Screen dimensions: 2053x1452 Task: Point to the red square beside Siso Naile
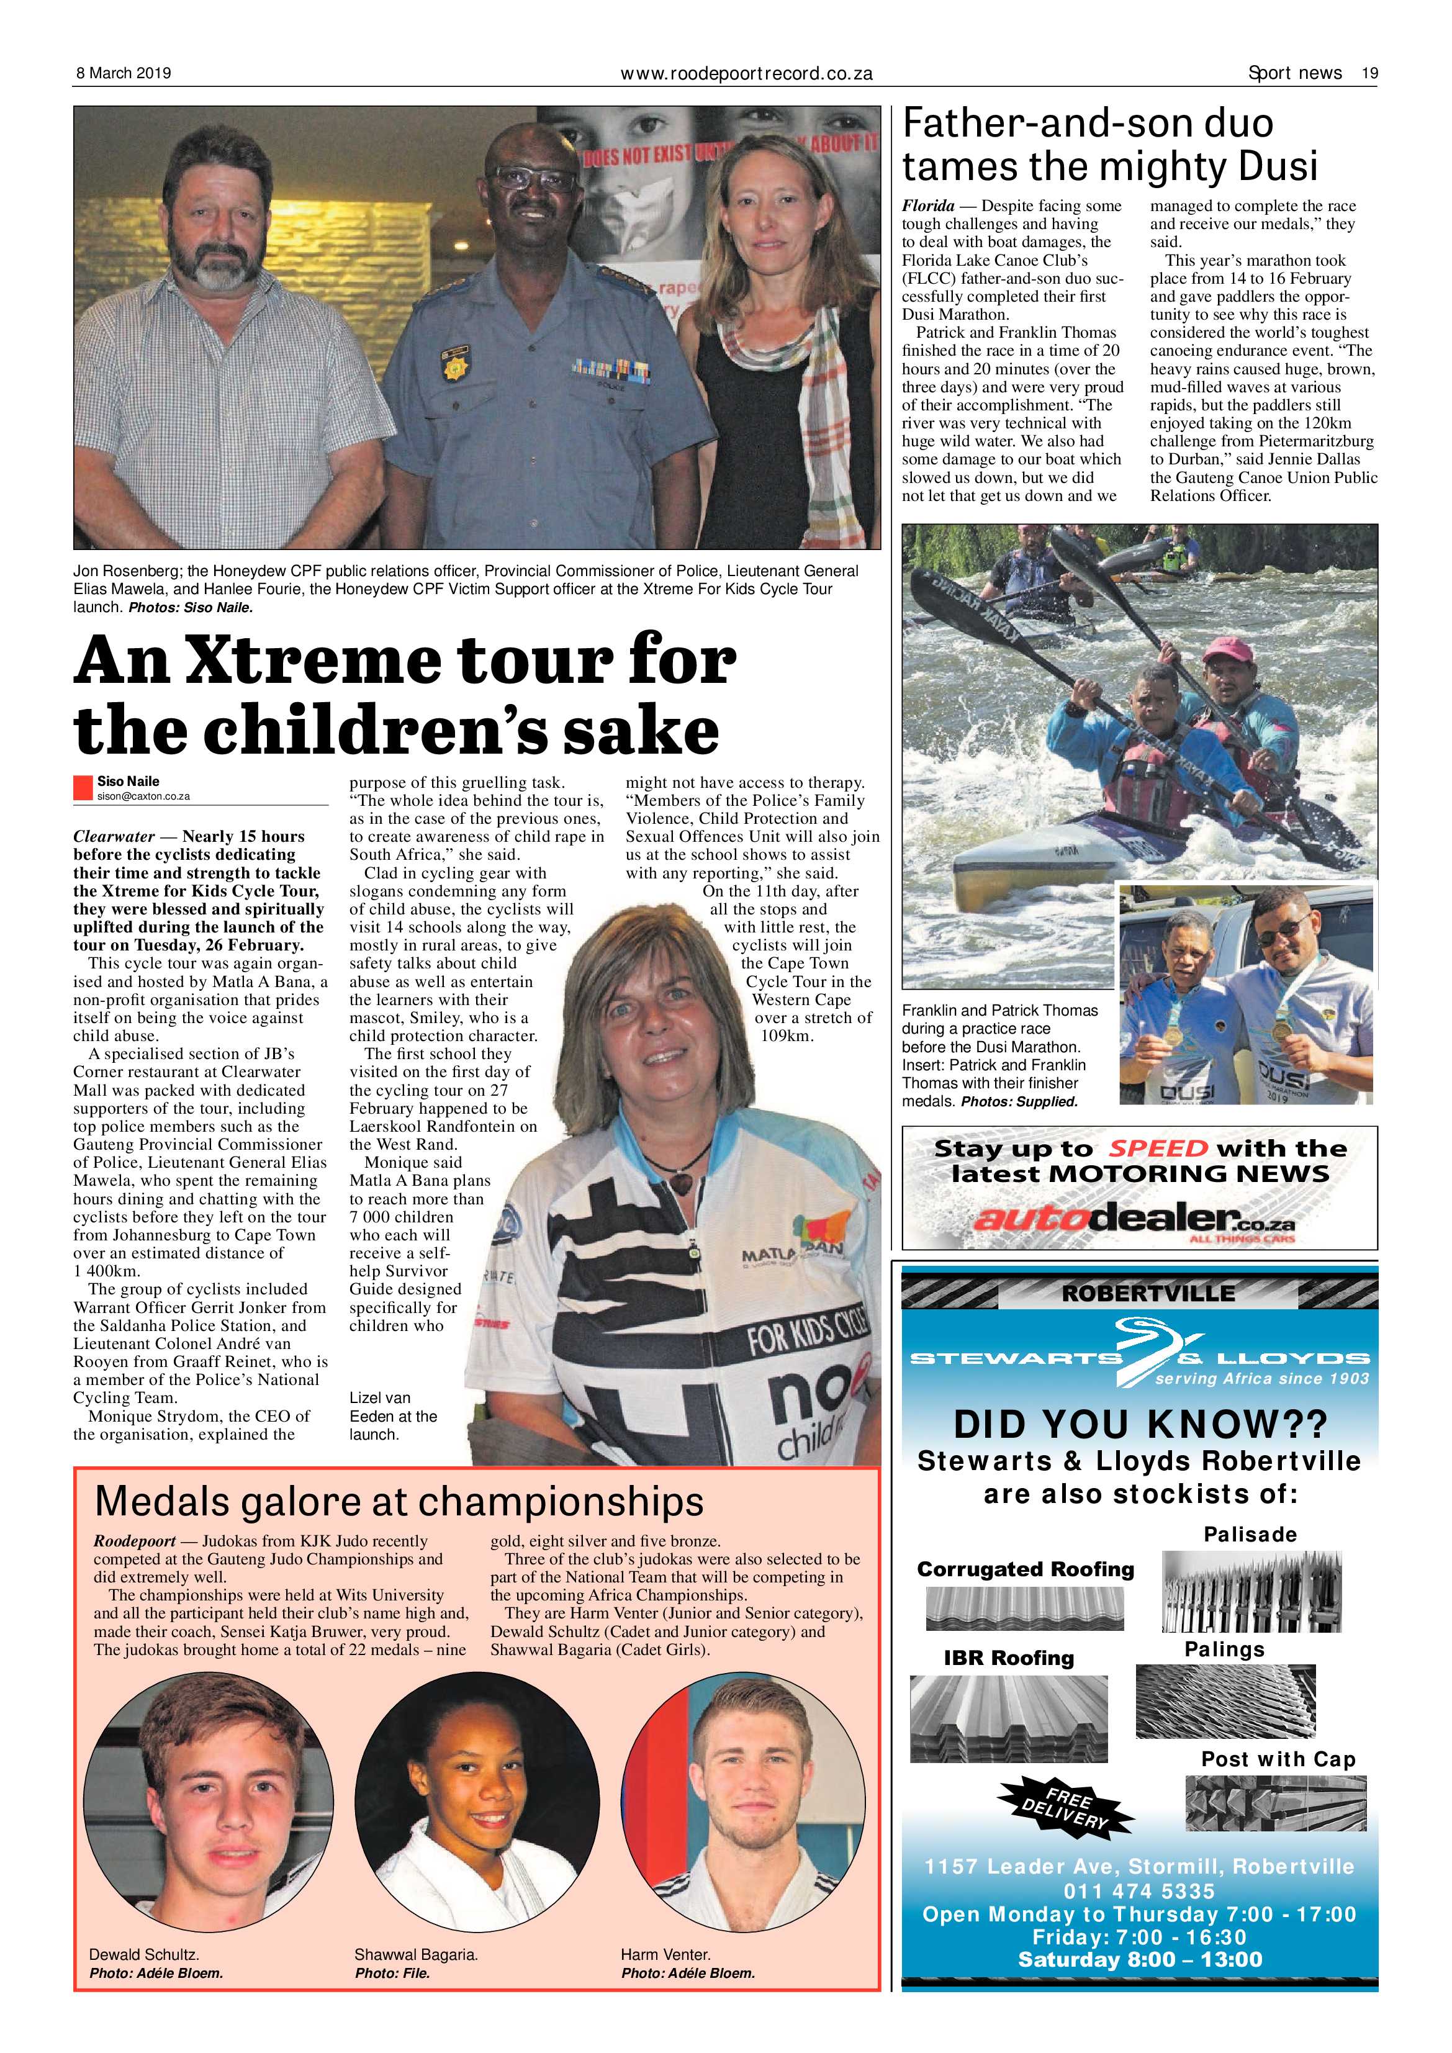click(x=83, y=787)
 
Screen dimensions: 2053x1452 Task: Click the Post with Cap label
click(x=1278, y=1759)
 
